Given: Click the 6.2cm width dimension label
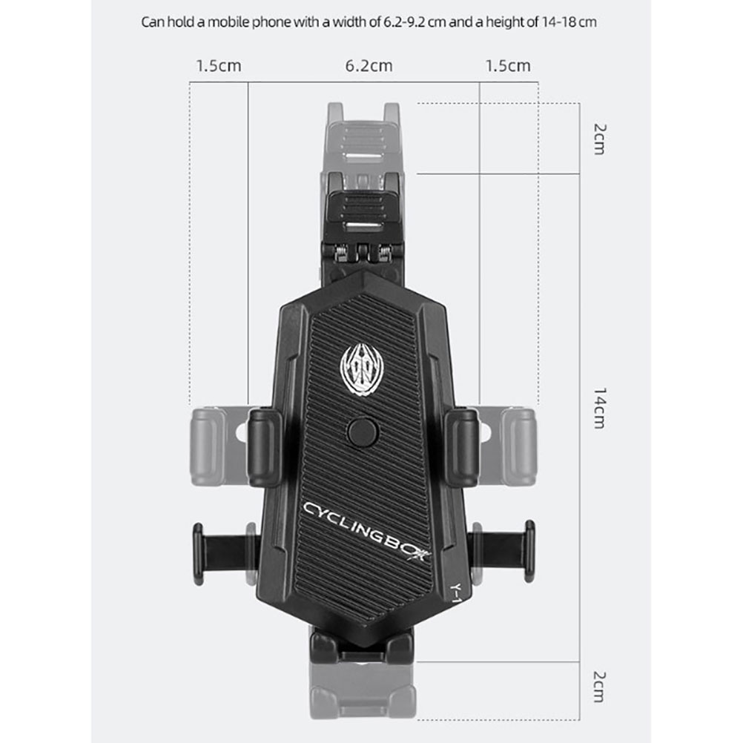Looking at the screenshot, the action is click(x=369, y=66).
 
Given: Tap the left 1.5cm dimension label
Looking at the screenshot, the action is click(x=219, y=66).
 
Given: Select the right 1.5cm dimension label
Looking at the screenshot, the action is click(x=507, y=66).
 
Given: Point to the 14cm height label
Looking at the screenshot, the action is click(x=600, y=408).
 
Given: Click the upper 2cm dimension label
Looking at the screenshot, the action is click(x=600, y=139).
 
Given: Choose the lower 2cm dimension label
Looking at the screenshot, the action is click(x=600, y=687).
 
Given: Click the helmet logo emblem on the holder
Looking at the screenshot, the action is click(x=362, y=369).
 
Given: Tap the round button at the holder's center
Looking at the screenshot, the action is click(x=363, y=432).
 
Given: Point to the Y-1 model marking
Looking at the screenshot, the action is click(x=455, y=592).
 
